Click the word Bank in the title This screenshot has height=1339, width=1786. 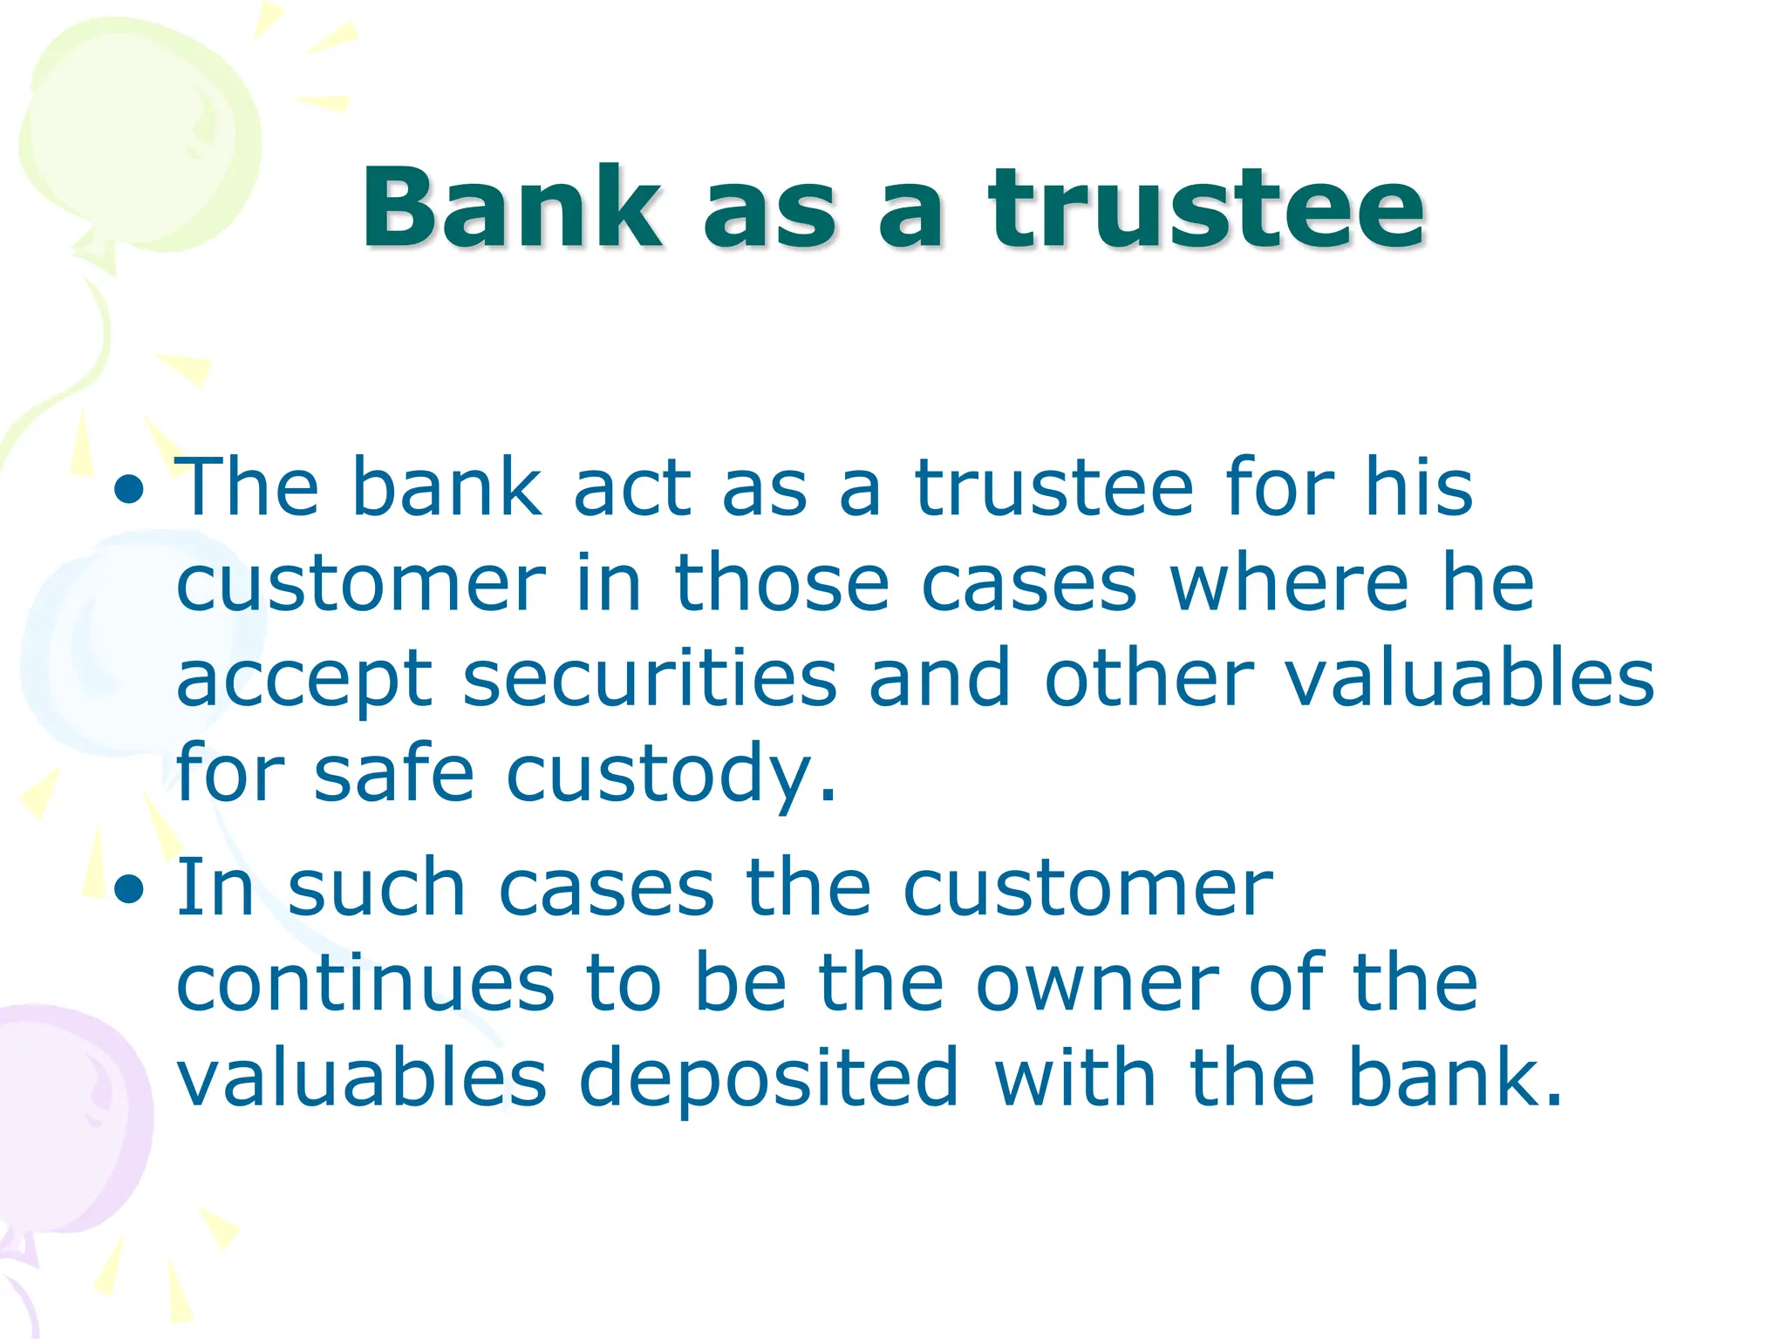coord(512,209)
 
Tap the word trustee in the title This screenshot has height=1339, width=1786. coord(1206,209)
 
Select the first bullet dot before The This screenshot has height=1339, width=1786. coord(129,490)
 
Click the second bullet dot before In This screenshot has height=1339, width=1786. coord(129,890)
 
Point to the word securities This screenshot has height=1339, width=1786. coord(650,679)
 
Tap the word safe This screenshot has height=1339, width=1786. coord(394,773)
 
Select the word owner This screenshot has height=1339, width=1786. coord(1097,984)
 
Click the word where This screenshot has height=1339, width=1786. coord(1289,584)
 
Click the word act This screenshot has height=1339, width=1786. coord(632,489)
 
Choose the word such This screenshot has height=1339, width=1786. coord(377,888)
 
